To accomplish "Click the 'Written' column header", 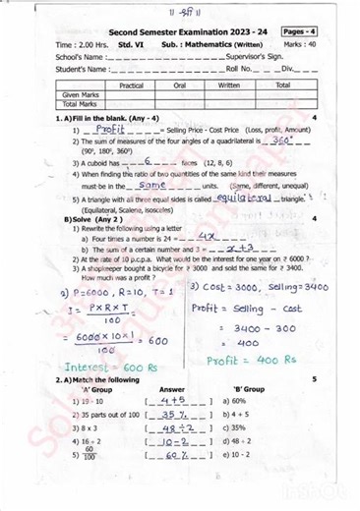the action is [x=229, y=85].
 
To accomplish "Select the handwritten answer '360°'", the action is [x=282, y=140].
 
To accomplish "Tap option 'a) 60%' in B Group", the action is [x=239, y=401].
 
